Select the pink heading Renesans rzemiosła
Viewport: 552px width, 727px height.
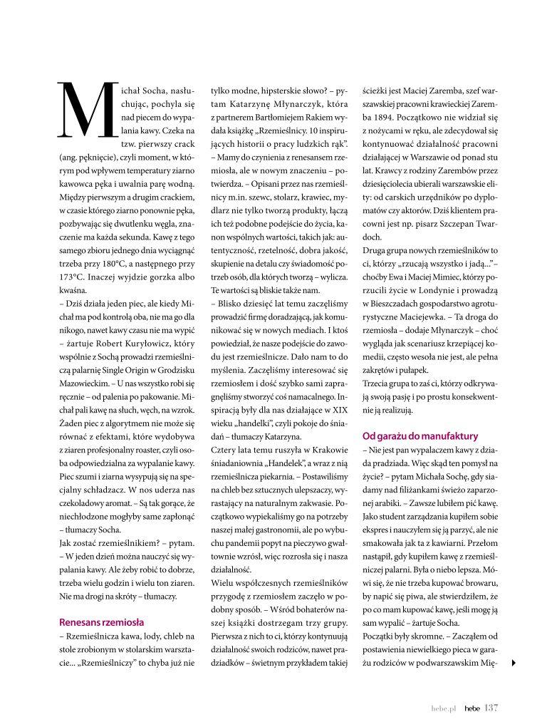tap(101, 622)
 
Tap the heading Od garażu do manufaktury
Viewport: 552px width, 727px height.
tap(420, 435)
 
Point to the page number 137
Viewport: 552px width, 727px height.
tap(491, 708)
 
